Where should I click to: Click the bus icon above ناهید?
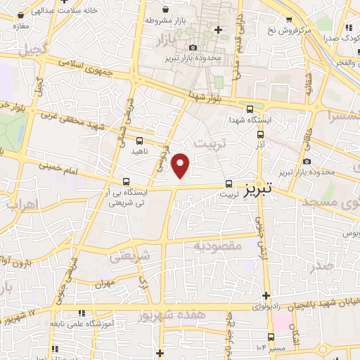point(139,141)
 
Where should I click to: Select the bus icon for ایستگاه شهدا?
point(250,108)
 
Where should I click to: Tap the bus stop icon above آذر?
point(260,134)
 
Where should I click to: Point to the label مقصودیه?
point(218,246)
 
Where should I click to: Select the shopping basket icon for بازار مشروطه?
point(165,10)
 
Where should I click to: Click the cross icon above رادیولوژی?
point(266,295)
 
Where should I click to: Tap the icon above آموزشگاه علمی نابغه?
point(82,313)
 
